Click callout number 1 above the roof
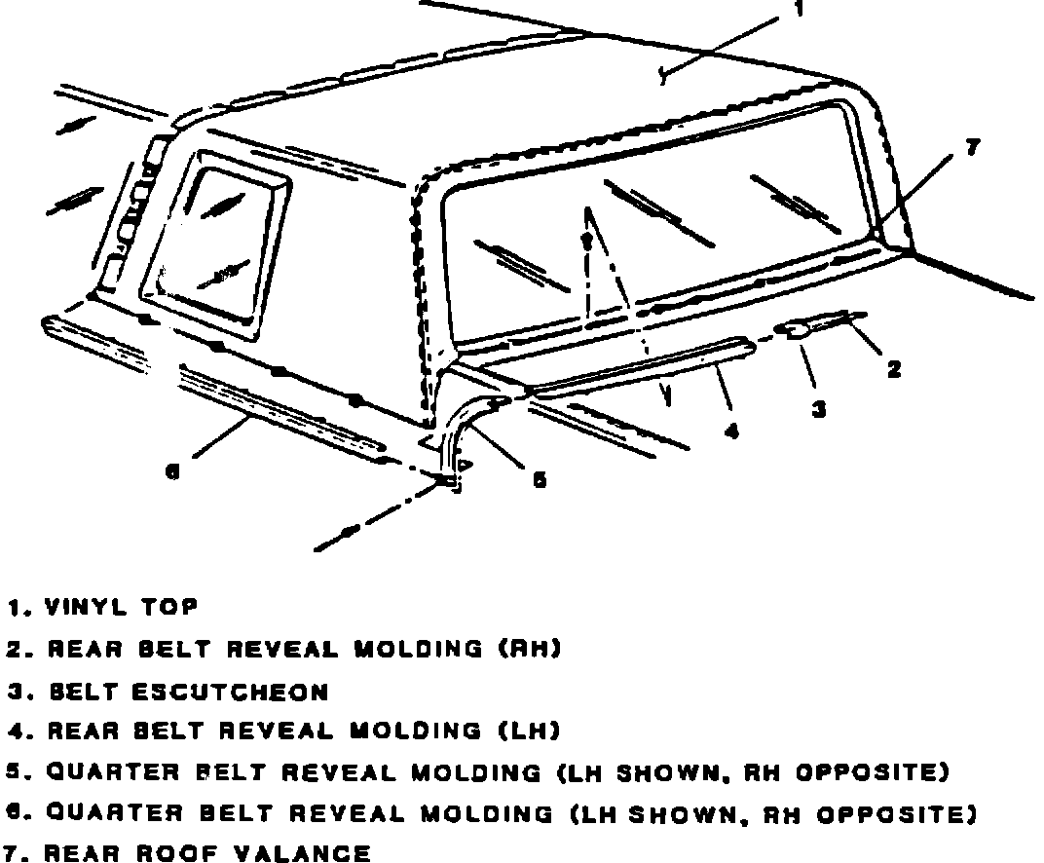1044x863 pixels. (798, 10)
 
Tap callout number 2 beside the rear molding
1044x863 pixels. (893, 368)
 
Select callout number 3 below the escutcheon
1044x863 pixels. (819, 410)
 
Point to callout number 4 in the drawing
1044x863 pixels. (731, 430)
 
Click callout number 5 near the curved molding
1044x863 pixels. (539, 479)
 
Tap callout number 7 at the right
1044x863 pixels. (970, 147)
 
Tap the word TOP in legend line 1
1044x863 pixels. (169, 607)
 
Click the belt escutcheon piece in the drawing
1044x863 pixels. (797, 330)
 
